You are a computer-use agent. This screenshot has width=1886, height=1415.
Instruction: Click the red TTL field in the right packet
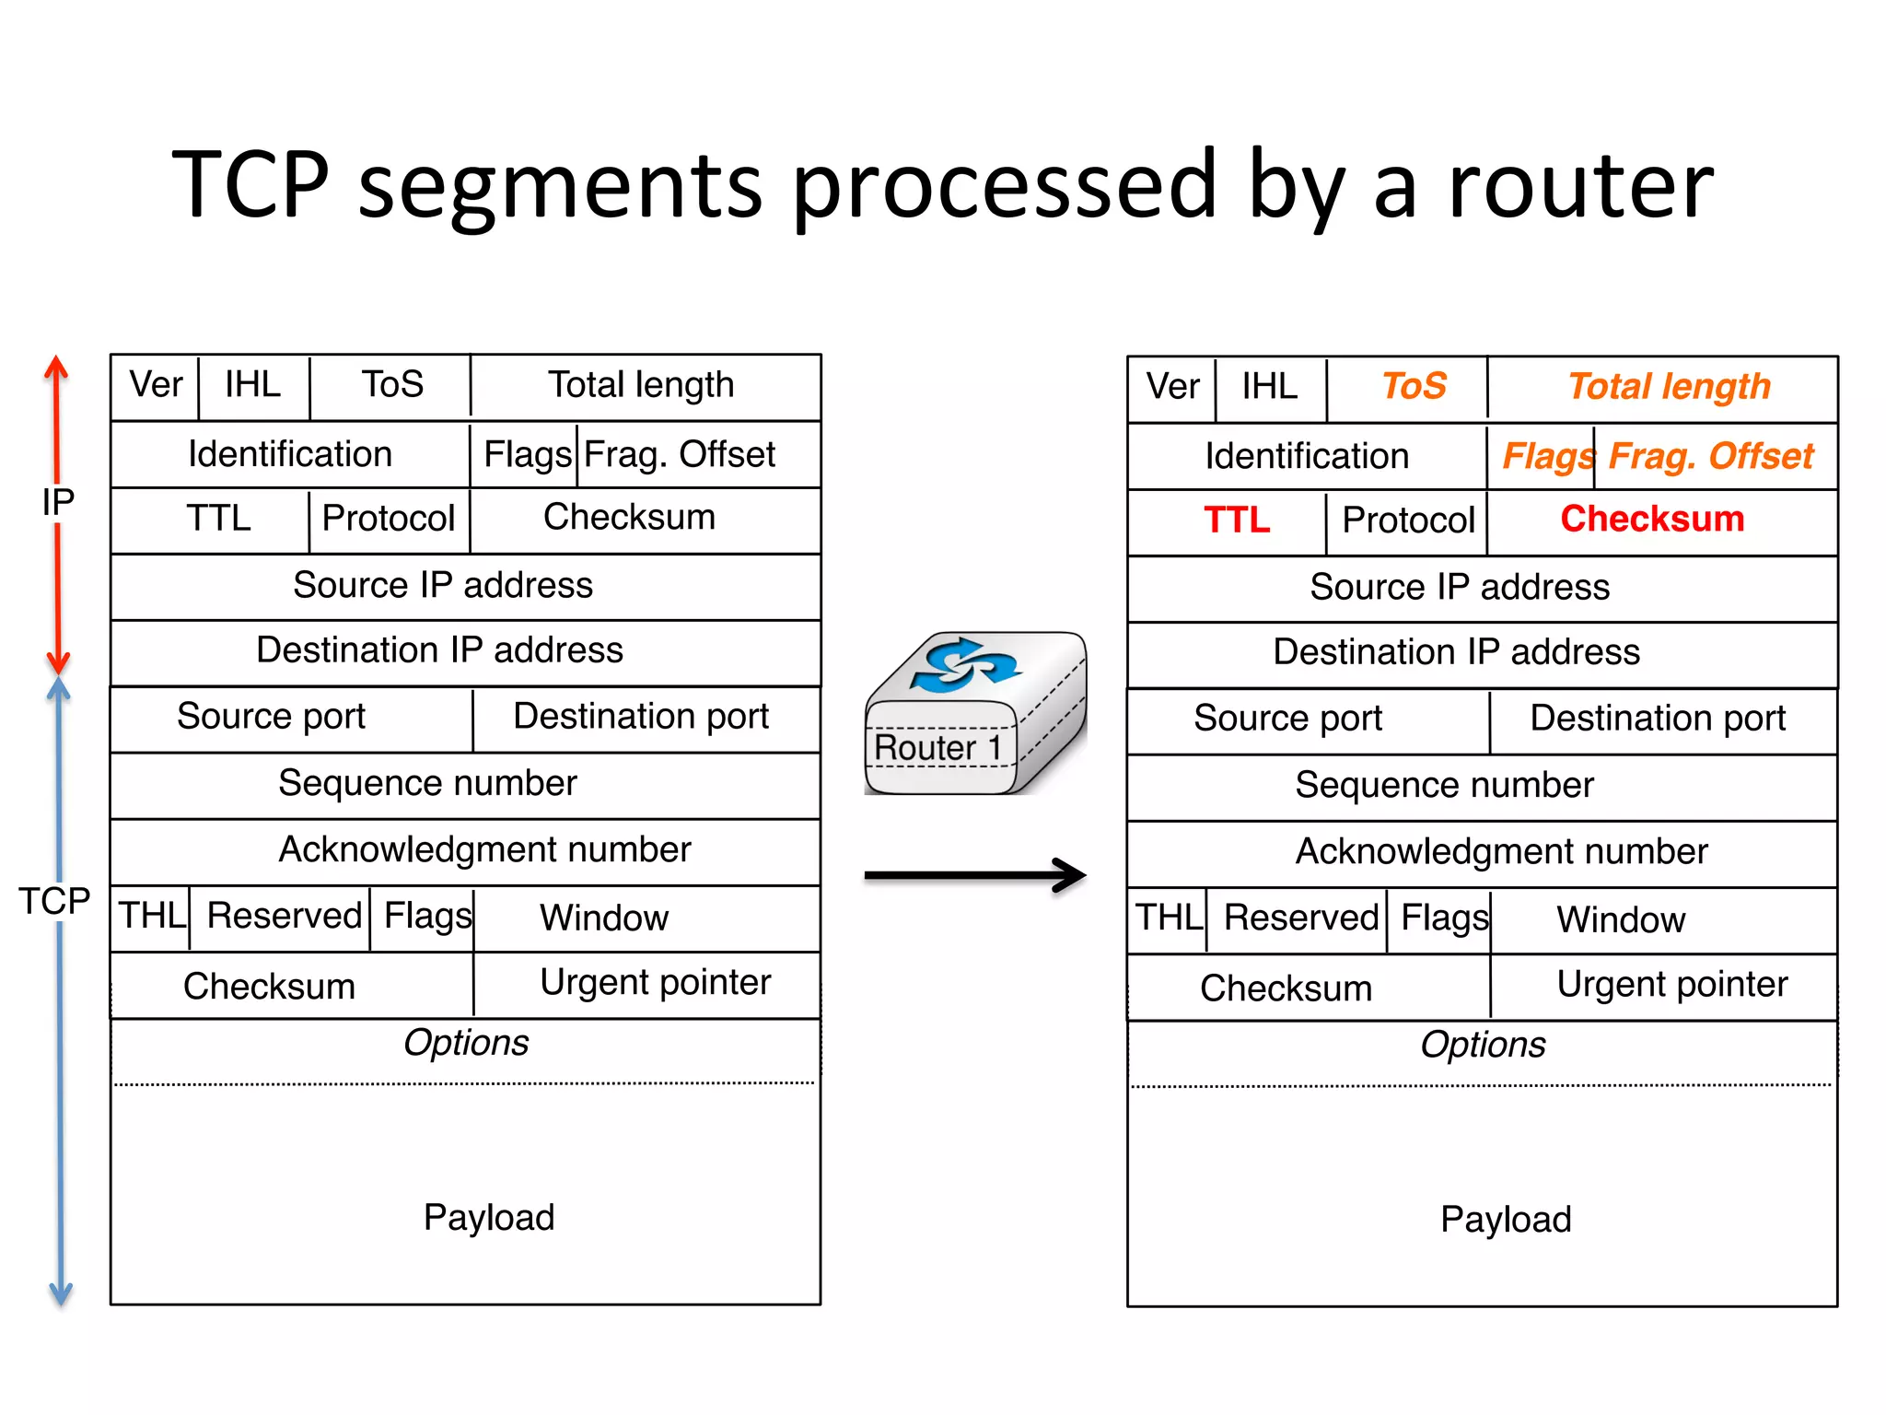1236,520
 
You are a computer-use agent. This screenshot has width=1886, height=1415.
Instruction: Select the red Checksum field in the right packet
1652,519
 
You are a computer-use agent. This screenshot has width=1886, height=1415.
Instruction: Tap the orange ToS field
1414,386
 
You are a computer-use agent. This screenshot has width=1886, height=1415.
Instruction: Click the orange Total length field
1669,386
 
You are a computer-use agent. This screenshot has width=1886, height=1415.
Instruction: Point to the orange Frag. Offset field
1710,456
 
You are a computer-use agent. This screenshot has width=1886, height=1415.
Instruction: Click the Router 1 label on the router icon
937,747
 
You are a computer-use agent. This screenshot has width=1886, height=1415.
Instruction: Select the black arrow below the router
974,875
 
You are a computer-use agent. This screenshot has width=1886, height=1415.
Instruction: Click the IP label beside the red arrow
58,502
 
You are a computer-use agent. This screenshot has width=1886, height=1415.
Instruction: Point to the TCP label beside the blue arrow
54,901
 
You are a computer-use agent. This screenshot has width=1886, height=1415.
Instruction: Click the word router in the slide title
1580,186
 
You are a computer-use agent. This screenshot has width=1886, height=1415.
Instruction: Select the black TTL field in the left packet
218,518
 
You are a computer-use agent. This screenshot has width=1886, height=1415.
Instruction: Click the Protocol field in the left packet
388,518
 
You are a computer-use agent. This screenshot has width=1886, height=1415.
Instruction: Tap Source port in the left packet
271,716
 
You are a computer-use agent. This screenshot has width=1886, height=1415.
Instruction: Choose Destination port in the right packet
1657,718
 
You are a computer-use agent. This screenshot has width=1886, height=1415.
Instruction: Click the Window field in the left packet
604,918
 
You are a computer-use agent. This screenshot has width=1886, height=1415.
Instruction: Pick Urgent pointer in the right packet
1671,984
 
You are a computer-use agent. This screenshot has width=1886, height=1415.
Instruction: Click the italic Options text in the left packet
466,1043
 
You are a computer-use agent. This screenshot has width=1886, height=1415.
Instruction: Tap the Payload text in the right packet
1506,1219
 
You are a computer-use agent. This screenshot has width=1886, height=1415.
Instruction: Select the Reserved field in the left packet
284,916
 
